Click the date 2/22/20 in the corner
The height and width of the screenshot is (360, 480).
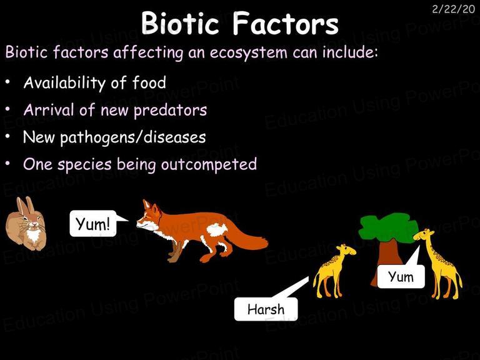(453, 9)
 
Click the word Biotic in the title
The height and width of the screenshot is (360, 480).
(180, 23)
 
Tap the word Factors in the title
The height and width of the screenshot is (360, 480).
(286, 23)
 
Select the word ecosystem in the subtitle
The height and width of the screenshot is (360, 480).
(249, 52)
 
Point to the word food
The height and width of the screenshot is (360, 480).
(149, 82)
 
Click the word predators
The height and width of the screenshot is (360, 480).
(171, 110)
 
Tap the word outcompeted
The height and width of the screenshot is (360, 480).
(209, 164)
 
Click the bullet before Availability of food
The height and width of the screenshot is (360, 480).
(7, 82)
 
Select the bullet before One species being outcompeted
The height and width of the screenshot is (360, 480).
(7, 164)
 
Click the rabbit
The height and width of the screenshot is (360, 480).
(26, 224)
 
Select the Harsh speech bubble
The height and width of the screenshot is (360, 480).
(266, 309)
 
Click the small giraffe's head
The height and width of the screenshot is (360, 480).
(346, 250)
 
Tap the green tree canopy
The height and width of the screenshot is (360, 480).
(388, 226)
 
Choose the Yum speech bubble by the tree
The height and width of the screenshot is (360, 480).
(401, 276)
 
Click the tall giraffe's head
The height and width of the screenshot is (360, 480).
(424, 234)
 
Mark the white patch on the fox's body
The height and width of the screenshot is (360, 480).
(217, 229)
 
